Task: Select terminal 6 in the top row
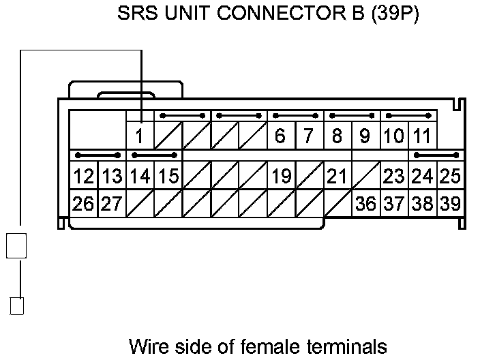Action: pyautogui.click(x=280, y=136)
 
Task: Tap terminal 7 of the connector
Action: pyautogui.click(x=308, y=136)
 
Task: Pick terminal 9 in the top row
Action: pyautogui.click(x=365, y=136)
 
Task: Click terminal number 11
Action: pyautogui.click(x=422, y=136)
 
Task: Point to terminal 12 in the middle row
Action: pyautogui.click(x=83, y=177)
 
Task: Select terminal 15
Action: pyautogui.click(x=168, y=177)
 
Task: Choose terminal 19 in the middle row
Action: pyautogui.click(x=280, y=177)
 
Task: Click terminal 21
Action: pyautogui.click(x=337, y=177)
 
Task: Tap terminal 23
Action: pyautogui.click(x=393, y=177)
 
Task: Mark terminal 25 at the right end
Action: pyautogui.click(x=450, y=177)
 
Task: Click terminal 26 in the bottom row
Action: pyautogui.click(x=83, y=203)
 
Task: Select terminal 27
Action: pyautogui.click(x=111, y=203)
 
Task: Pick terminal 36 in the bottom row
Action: pyautogui.click(x=365, y=203)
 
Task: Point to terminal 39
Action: pyautogui.click(x=450, y=203)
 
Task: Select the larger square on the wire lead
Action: pyautogui.click(x=16, y=245)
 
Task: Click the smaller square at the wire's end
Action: pyautogui.click(x=17, y=306)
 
